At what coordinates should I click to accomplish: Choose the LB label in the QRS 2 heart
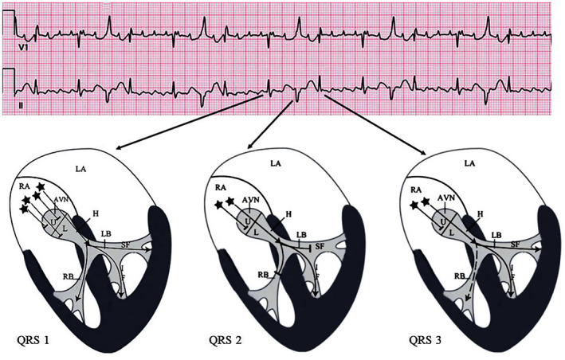tap(300, 235)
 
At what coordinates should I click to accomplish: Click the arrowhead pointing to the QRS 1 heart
tap(118, 148)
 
